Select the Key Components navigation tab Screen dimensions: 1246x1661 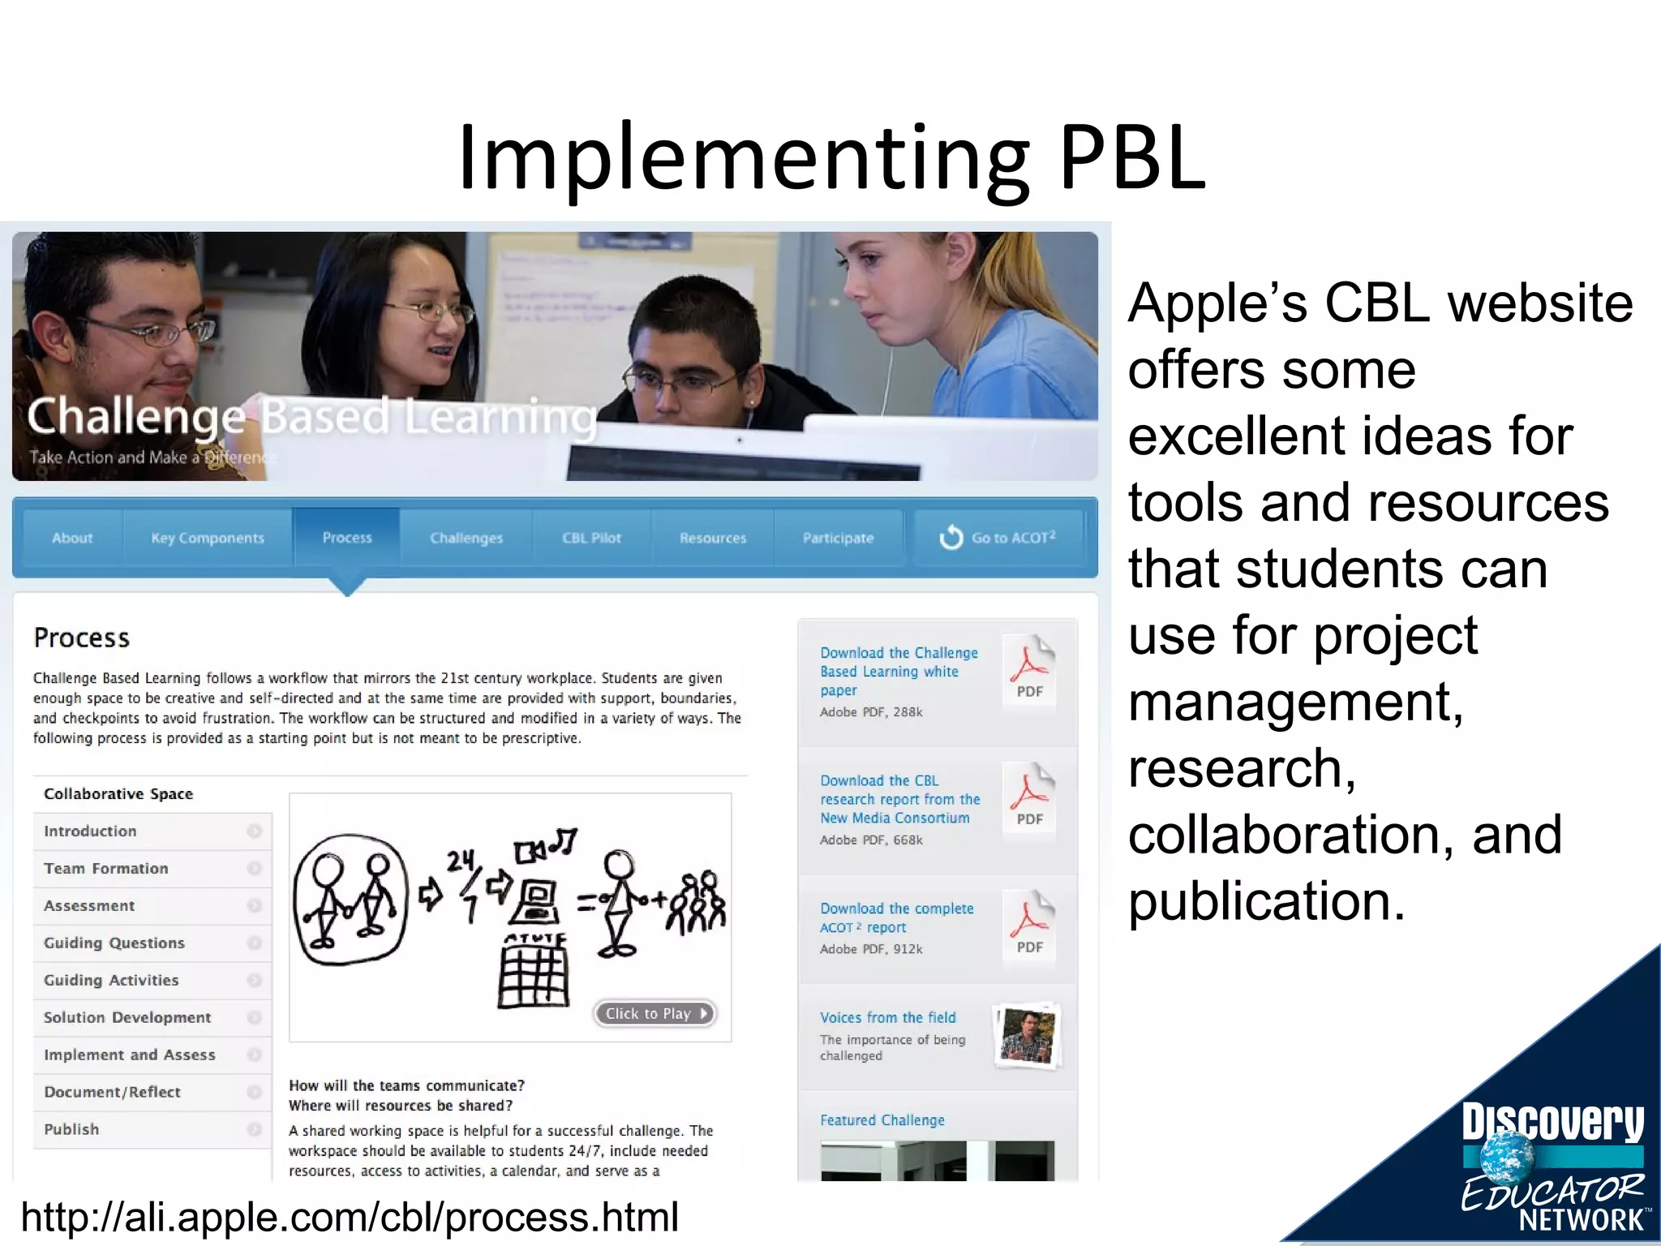[208, 538]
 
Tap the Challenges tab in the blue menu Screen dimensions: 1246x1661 [466, 538]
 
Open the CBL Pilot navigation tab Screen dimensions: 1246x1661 [591, 538]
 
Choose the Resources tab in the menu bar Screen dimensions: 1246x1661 [713, 538]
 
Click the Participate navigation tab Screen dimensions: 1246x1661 [838, 538]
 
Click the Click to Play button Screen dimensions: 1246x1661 [655, 1013]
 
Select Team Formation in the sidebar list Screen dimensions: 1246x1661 [106, 868]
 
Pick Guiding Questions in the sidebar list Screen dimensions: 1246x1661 [114, 943]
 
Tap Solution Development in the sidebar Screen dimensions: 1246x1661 [127, 1017]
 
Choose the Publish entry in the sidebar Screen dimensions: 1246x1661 [71, 1129]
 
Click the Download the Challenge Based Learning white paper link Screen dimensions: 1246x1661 [898, 671]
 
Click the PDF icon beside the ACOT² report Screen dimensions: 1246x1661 [1030, 925]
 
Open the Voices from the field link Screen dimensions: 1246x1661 [887, 1017]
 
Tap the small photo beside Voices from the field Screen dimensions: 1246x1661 [1028, 1036]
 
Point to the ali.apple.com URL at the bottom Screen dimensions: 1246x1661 [350, 1217]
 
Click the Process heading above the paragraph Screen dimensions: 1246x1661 [82, 638]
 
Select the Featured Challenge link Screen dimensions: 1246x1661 [882, 1120]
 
